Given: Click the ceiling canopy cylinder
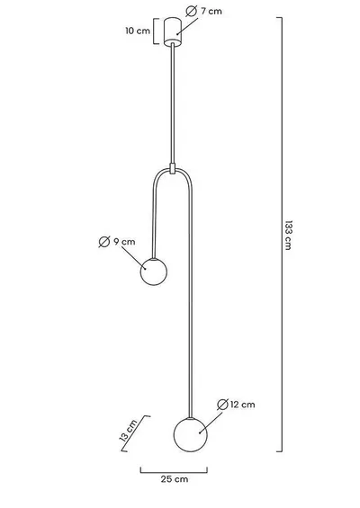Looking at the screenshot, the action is (173, 31).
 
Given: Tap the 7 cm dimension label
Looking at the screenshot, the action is (211, 12).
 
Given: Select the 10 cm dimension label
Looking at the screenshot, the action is (138, 31).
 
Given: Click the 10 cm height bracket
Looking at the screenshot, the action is (155, 31).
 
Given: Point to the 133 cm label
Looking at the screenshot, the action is (288, 236).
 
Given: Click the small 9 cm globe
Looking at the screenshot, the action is (154, 272).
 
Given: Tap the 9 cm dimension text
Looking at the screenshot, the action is (124, 242).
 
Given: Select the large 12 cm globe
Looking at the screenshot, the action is (191, 435).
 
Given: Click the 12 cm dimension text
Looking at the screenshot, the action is (243, 405).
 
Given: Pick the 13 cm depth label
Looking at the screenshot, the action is (129, 431).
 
